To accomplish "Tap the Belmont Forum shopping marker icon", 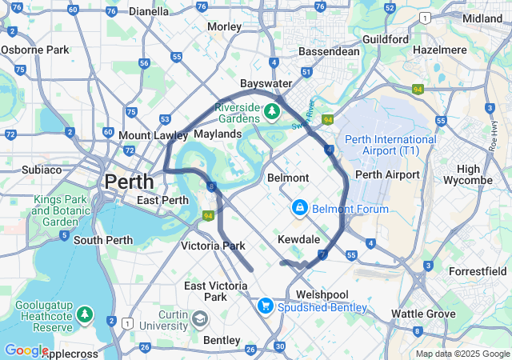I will [x=299, y=208].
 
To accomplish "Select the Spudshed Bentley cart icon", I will [x=265, y=306].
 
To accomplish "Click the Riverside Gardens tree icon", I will [x=272, y=110].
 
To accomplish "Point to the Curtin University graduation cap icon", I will [x=199, y=320].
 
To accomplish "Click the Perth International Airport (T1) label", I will [x=391, y=145].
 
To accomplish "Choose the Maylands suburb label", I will [x=217, y=134].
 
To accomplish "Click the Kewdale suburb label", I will [x=298, y=239].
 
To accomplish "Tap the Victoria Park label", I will [x=213, y=246].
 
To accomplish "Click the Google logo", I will [x=26, y=350].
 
